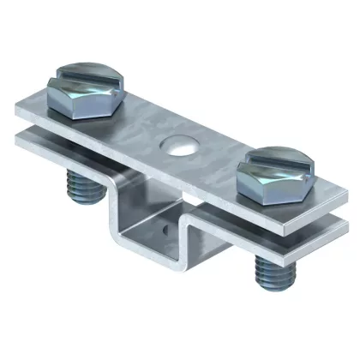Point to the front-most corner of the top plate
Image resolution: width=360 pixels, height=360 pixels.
(296, 218)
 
